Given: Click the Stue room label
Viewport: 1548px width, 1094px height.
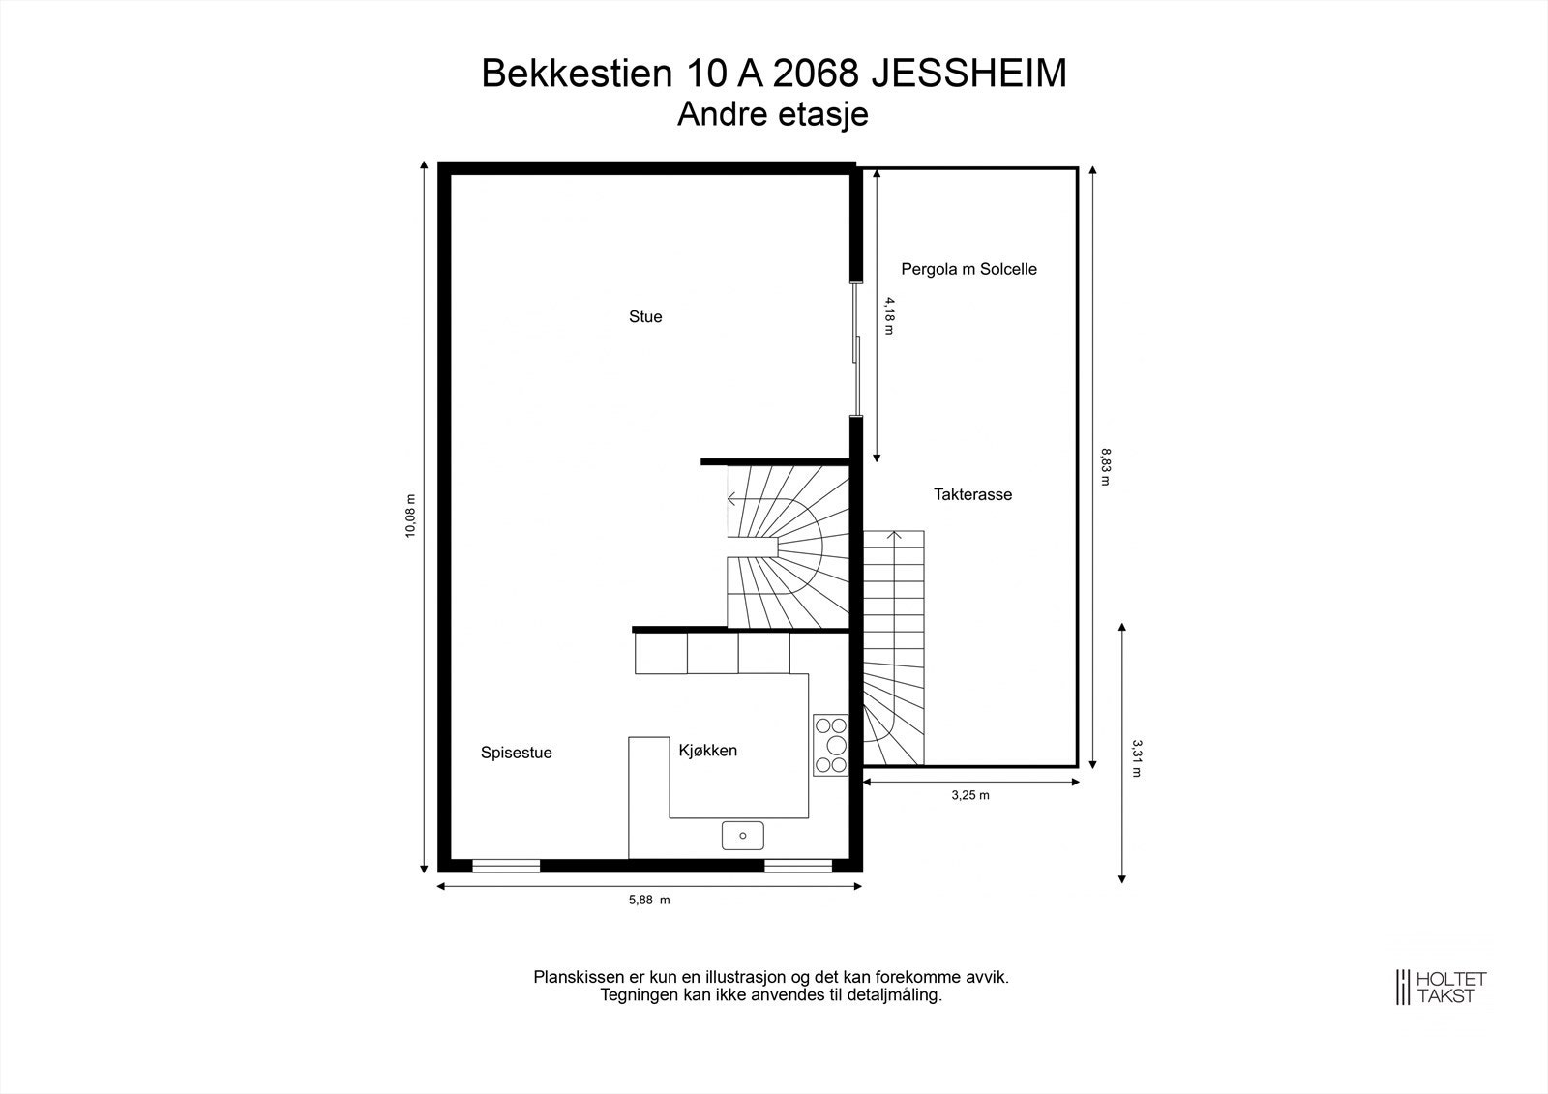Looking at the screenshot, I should tap(645, 317).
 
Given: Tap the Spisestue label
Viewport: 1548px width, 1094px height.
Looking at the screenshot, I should tap(516, 753).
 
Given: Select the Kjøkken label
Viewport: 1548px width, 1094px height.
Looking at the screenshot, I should tap(707, 750).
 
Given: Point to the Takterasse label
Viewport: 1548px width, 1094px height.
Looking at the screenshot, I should tap(972, 494).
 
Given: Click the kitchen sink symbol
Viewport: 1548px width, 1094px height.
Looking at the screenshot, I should tap(742, 835).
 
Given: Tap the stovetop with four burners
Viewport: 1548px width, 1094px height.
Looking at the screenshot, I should tap(830, 744).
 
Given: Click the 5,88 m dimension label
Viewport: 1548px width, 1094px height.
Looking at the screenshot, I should tap(648, 900).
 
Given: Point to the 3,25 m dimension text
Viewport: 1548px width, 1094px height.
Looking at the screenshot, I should tap(970, 795).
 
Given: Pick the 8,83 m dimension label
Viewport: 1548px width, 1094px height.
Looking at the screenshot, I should tap(1105, 465).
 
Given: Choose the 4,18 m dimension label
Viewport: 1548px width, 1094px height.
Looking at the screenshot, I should tap(889, 315).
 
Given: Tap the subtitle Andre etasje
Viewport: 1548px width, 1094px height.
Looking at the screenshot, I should tap(772, 114).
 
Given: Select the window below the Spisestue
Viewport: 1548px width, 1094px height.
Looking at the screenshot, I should tap(505, 866).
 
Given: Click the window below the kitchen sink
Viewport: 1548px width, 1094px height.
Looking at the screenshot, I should tap(798, 866).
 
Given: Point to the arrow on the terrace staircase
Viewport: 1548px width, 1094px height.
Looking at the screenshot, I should tap(895, 535).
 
